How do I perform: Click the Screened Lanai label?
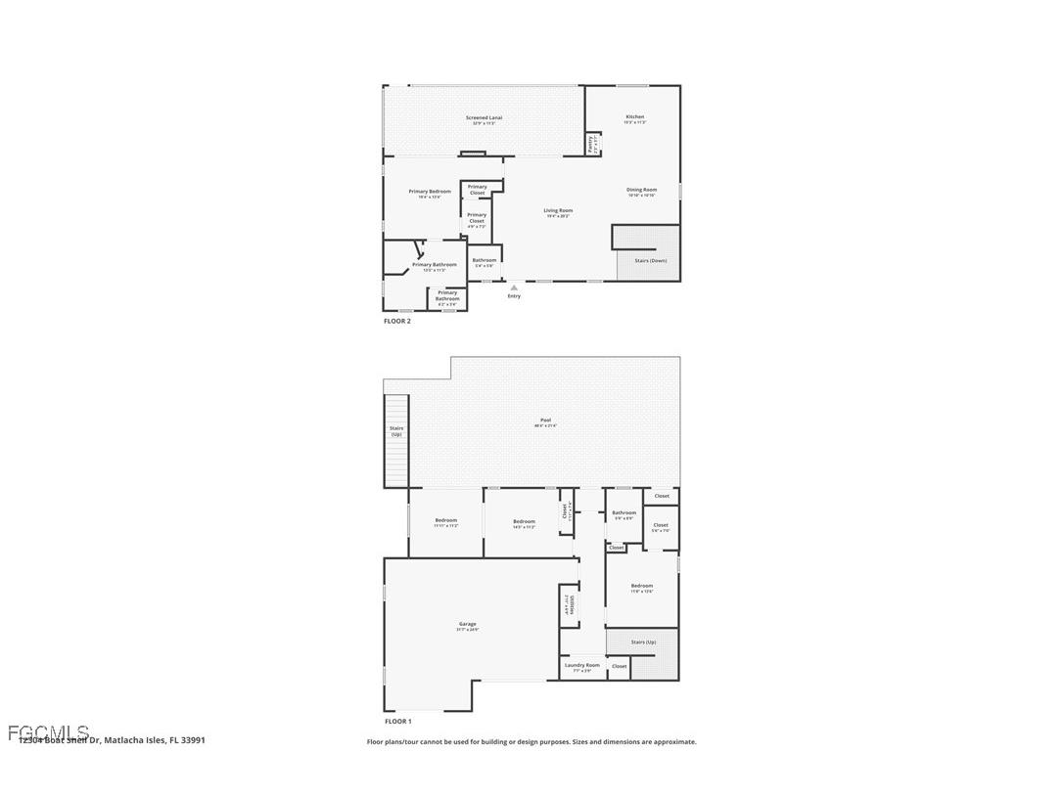point(484,118)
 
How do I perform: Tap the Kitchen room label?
point(635,117)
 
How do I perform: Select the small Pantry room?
point(592,145)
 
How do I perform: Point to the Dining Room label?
point(641,190)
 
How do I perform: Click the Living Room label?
point(558,211)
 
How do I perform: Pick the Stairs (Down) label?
point(651,261)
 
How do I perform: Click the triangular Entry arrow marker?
point(514,287)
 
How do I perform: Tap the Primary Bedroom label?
point(430,192)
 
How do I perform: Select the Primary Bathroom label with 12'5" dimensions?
point(434,265)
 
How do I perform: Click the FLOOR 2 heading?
point(396,321)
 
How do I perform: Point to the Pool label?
point(545,420)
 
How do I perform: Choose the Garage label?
point(468,625)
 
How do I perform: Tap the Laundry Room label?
point(581,666)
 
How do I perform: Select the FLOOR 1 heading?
point(397,722)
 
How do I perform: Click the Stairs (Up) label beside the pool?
point(396,431)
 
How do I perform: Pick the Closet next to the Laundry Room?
point(619,666)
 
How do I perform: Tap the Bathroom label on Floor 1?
point(624,513)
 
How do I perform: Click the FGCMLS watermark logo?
point(49,732)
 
